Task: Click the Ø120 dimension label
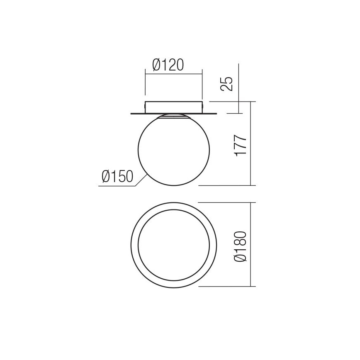[x=168, y=65]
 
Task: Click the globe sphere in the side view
[x=173, y=149]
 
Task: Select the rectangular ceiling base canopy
[x=173, y=106]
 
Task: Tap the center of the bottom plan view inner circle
[x=173, y=245]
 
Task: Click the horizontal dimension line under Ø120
[x=173, y=74]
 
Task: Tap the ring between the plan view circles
[x=134, y=245]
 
